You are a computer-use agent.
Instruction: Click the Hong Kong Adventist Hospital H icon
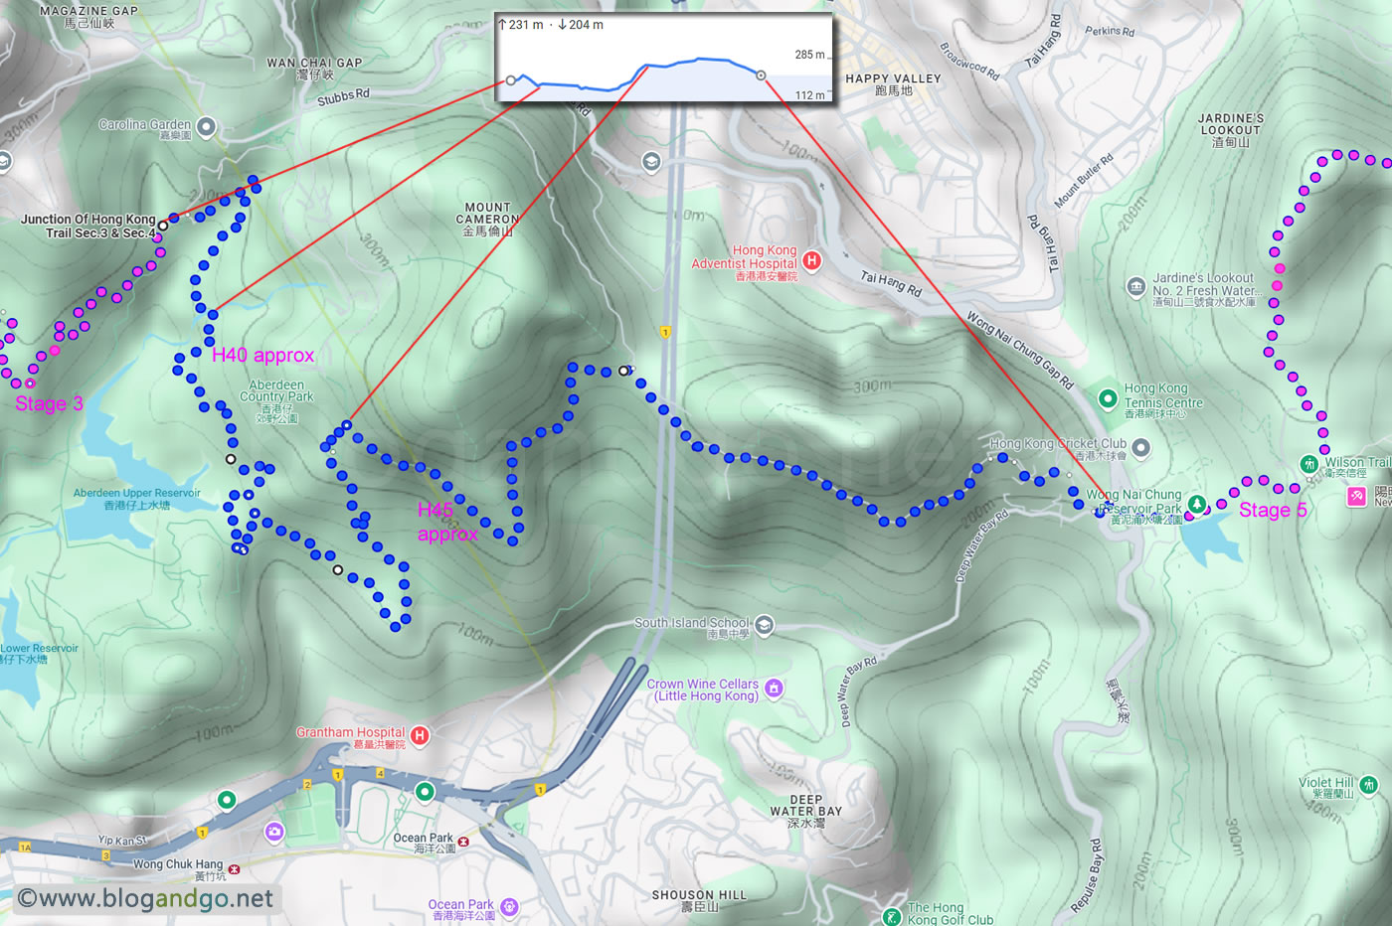[811, 260]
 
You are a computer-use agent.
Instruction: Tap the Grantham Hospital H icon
[420, 735]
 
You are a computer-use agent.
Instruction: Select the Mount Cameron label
[487, 220]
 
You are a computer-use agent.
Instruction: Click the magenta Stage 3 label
[49, 403]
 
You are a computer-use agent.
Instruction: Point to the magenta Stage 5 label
[1272, 510]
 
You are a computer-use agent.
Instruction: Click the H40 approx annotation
[262, 355]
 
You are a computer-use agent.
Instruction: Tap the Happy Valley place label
[893, 83]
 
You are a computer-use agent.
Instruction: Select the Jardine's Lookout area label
[1231, 129]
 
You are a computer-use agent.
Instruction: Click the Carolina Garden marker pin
[207, 126]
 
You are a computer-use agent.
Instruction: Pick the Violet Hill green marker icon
[1368, 785]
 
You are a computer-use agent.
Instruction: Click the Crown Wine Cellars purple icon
[774, 688]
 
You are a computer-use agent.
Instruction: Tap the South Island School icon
[764, 624]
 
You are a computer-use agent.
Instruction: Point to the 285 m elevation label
[809, 55]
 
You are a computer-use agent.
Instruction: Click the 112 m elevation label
[809, 95]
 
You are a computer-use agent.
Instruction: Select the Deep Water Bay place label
[805, 811]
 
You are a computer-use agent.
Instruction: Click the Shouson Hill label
[698, 899]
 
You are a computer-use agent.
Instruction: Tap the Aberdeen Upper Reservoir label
[137, 498]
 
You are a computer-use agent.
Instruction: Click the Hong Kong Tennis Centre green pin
[1108, 398]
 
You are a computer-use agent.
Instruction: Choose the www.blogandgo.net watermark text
[145, 899]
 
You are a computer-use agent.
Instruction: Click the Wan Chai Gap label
[314, 68]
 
